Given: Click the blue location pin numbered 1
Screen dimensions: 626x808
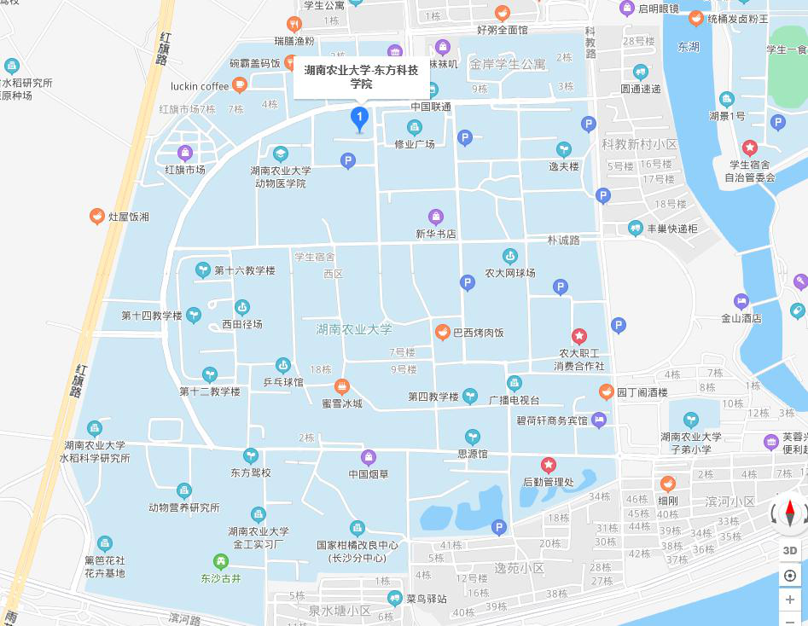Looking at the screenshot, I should pos(360,119).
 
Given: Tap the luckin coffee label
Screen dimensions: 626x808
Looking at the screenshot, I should pos(200,85).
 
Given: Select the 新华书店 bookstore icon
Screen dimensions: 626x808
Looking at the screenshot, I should pos(435,217).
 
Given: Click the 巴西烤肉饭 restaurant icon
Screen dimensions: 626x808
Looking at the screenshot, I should pos(442,333).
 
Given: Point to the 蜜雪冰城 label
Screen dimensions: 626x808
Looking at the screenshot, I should pos(341,403).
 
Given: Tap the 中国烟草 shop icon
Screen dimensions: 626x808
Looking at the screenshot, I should pos(369,457).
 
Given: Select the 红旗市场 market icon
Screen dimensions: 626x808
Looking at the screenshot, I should pos(185,153).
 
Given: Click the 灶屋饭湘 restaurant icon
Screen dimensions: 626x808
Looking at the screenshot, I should pos(97,217).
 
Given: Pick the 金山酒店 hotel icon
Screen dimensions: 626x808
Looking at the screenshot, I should pos(741,301).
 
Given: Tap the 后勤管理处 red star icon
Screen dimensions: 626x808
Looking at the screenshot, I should pos(549,465).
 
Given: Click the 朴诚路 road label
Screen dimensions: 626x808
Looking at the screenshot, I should pos(563,241).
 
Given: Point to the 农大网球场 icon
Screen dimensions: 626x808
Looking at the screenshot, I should pos(509,256).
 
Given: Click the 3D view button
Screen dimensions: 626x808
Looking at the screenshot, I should pos(790,550).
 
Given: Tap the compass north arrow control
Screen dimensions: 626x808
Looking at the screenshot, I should pos(790,513).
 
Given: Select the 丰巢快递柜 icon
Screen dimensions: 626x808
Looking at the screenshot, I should pos(635,228).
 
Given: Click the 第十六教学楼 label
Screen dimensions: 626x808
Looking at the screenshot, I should pos(244,270).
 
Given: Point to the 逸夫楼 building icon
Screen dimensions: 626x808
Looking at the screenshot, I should pos(563,149).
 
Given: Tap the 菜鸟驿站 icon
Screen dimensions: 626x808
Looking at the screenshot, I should pos(394,598).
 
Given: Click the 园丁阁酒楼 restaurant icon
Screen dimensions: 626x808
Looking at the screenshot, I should pos(606,392).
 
